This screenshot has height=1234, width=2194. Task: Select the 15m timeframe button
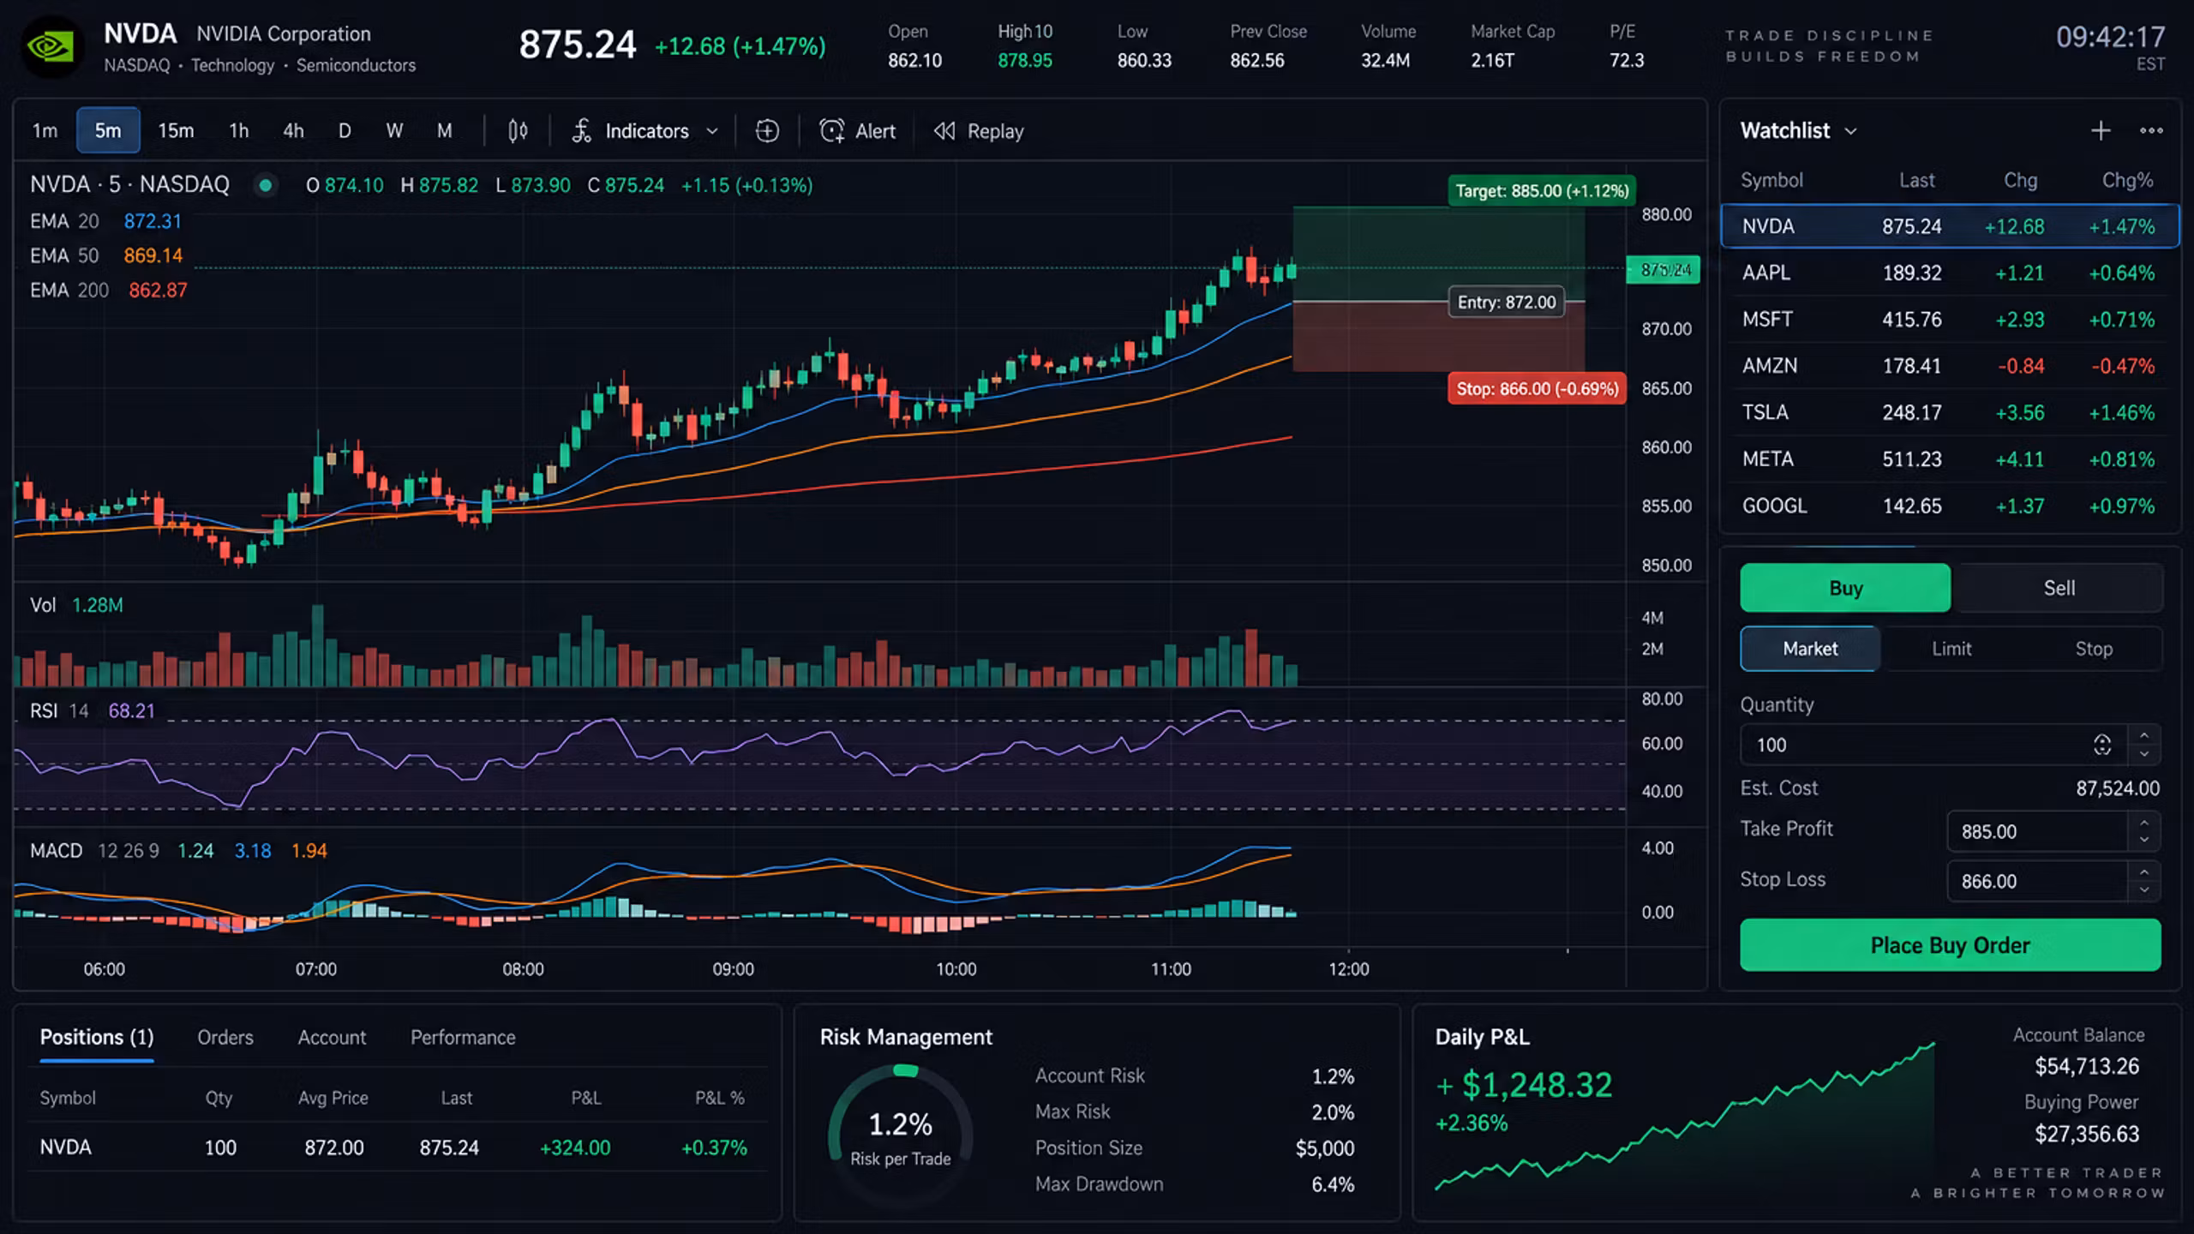click(176, 131)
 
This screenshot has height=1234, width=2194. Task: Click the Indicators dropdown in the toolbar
click(645, 131)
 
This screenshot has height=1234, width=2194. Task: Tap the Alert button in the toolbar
click(857, 131)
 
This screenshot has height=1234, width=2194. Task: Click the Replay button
click(979, 131)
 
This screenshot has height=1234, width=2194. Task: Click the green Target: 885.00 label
click(1542, 191)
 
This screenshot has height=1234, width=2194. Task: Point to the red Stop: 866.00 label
click(1537, 388)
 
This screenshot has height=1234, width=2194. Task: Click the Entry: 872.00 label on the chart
click(1506, 303)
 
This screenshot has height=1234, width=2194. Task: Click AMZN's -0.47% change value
click(2122, 366)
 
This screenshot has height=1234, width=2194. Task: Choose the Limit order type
click(1951, 649)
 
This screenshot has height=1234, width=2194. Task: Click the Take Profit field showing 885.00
click(2038, 831)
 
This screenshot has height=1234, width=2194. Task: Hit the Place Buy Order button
click(1950, 945)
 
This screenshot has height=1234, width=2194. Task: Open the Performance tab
click(463, 1038)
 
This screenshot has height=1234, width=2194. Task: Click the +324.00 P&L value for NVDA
click(575, 1147)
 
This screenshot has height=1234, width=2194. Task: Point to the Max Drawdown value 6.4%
click(1333, 1184)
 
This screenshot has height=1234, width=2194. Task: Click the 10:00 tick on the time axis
click(956, 969)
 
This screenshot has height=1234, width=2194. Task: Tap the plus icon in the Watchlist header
click(2101, 131)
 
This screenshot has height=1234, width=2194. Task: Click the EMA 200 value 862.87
click(158, 291)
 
